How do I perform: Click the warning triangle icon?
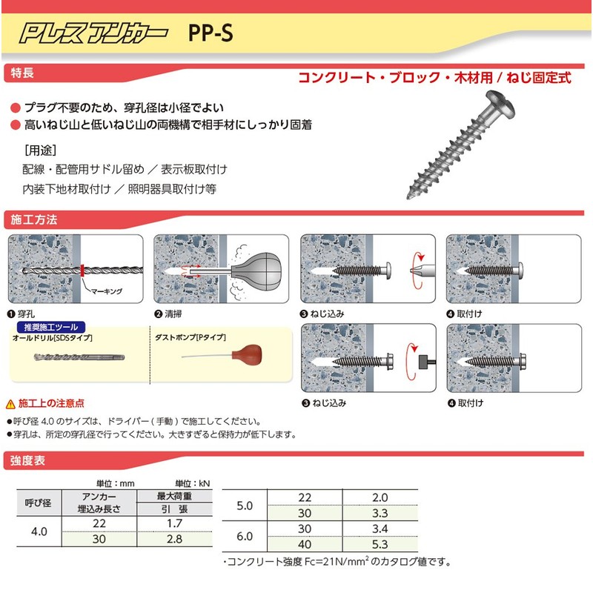10,404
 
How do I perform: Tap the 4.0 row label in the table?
38,531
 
